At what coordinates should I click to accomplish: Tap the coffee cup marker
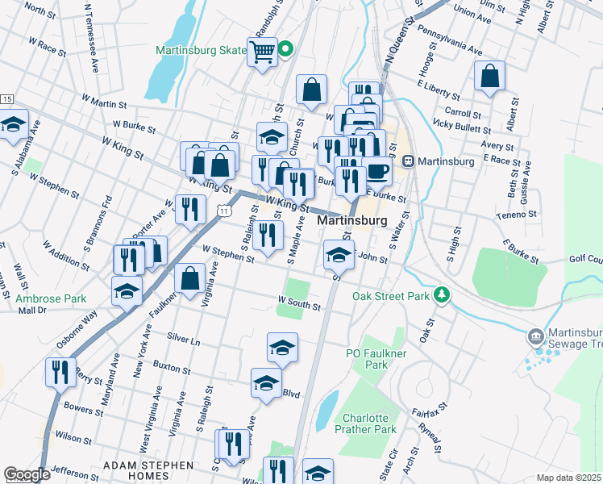click(x=376, y=171)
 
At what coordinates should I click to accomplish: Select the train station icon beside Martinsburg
click(x=409, y=161)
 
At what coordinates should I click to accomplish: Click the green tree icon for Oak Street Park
click(x=441, y=295)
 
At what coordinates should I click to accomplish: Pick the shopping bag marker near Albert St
click(x=489, y=77)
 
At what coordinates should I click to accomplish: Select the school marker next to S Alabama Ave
click(x=14, y=127)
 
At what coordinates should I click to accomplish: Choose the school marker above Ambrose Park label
click(x=127, y=291)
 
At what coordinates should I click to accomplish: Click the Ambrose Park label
click(x=51, y=298)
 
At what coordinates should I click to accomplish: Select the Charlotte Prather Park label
click(x=369, y=423)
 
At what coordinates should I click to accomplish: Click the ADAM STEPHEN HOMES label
click(x=148, y=470)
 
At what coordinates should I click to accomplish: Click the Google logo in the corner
click(x=27, y=474)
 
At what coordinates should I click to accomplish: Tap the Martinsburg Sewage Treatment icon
click(x=535, y=335)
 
